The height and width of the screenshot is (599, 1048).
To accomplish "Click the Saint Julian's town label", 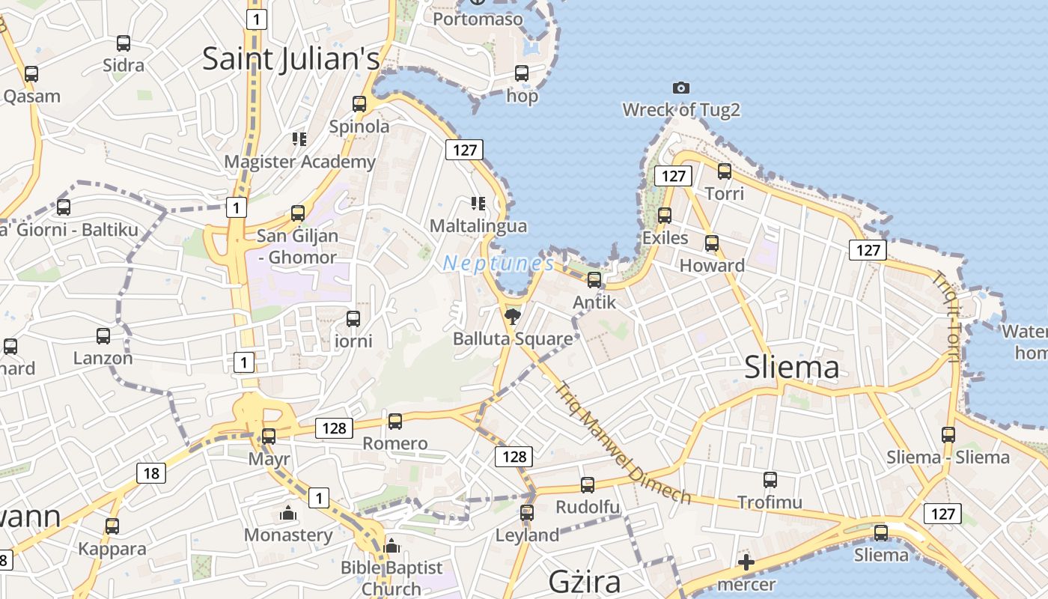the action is (x=291, y=59).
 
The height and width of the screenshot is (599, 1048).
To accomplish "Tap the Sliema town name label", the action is (x=792, y=367).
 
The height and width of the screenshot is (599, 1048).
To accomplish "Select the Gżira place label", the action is (x=585, y=581).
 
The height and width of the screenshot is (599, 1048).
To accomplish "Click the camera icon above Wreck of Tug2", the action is (x=680, y=88).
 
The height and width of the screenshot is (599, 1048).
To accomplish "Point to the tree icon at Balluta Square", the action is (x=513, y=316).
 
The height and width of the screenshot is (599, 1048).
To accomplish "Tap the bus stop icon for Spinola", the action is (x=359, y=104).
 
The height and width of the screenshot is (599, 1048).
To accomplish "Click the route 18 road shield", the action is (x=151, y=472).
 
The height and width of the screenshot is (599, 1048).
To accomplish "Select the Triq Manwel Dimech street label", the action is (x=622, y=443).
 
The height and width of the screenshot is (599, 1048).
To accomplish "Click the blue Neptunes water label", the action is (x=498, y=264).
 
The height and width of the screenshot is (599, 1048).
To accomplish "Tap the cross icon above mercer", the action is (x=746, y=562).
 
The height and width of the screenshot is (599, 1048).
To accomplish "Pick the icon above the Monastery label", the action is (x=287, y=514).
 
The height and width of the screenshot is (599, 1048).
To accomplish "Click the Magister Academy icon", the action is (x=299, y=139).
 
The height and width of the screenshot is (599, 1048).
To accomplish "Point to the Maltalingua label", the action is (x=478, y=225).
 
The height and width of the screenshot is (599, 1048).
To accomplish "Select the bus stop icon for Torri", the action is (x=725, y=171).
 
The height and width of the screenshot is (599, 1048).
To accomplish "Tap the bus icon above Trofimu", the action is (x=770, y=480).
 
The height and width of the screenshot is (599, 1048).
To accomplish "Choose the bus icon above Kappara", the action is (x=112, y=526).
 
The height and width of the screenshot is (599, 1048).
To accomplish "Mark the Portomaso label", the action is (x=478, y=19).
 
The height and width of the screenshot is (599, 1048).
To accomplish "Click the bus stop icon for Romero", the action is (x=395, y=422).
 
